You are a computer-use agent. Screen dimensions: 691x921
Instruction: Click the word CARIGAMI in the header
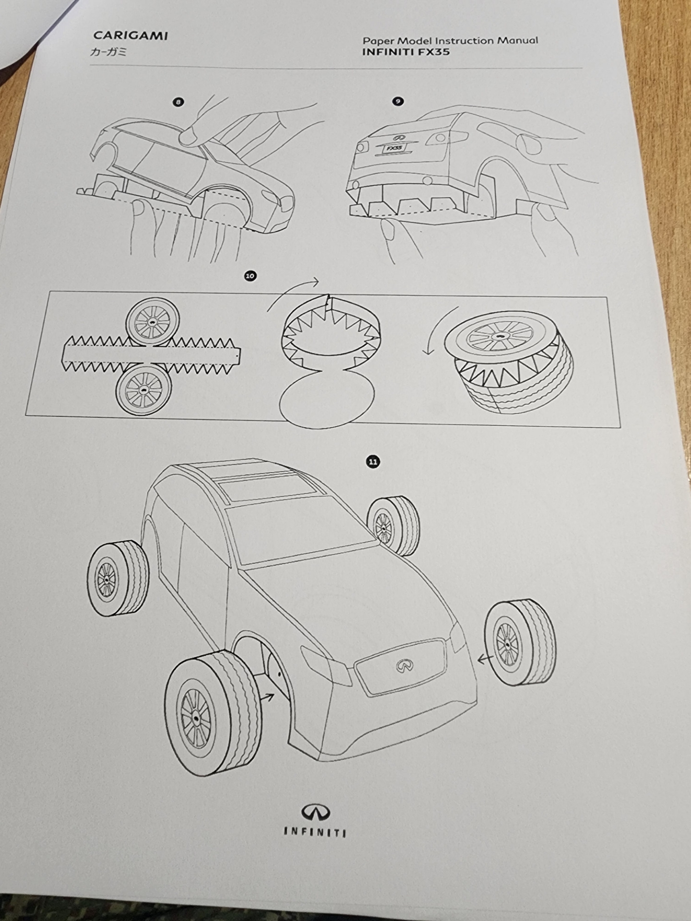pyautogui.click(x=131, y=35)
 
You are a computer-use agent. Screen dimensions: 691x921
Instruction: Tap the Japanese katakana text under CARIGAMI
pyautogui.click(x=108, y=51)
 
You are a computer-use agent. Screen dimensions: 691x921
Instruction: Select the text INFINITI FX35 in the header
pyautogui.click(x=406, y=52)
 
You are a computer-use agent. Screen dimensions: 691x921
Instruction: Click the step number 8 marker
pyautogui.click(x=178, y=102)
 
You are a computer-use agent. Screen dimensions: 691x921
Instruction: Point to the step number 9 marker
pyautogui.click(x=398, y=101)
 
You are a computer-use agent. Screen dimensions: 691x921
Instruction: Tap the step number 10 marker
pyautogui.click(x=250, y=275)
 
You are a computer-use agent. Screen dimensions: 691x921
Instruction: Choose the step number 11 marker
pyautogui.click(x=373, y=462)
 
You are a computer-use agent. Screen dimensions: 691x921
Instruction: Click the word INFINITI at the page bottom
pyautogui.click(x=314, y=832)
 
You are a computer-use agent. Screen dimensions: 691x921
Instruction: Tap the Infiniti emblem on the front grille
pyautogui.click(x=405, y=665)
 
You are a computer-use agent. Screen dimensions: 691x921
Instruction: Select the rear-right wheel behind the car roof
pyautogui.click(x=393, y=526)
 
